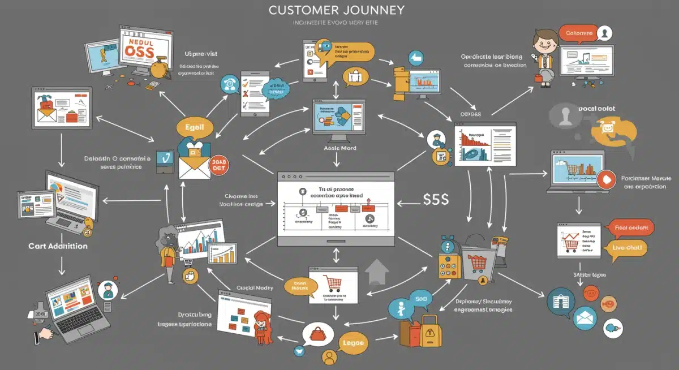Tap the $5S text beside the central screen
tap(436, 199)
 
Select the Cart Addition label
tap(58, 246)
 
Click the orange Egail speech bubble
tap(194, 127)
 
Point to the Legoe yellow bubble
tap(354, 343)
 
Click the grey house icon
tap(378, 272)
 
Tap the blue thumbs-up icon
tap(416, 58)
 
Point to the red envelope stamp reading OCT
tap(217, 166)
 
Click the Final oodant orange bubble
tap(630, 228)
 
